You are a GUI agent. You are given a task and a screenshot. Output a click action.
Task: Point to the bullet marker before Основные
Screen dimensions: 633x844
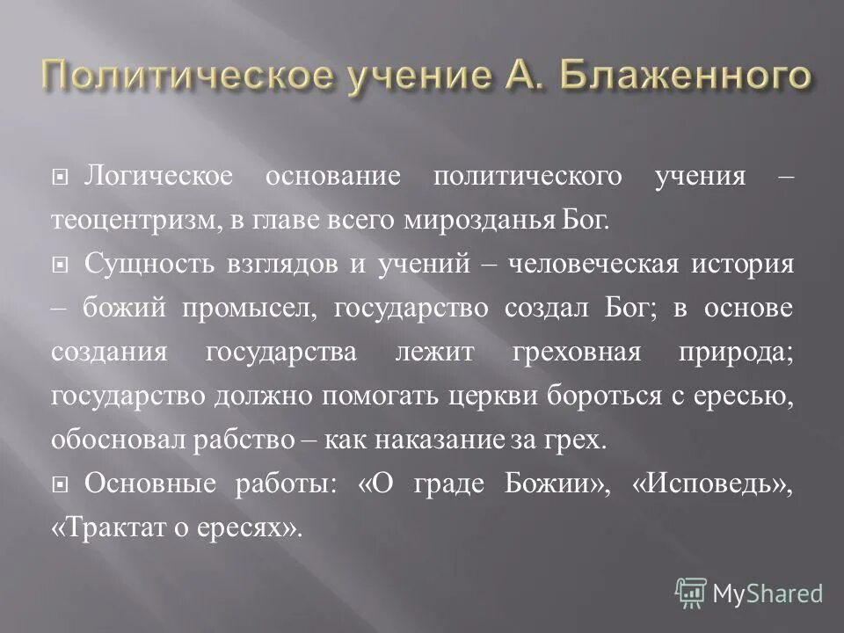60,485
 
